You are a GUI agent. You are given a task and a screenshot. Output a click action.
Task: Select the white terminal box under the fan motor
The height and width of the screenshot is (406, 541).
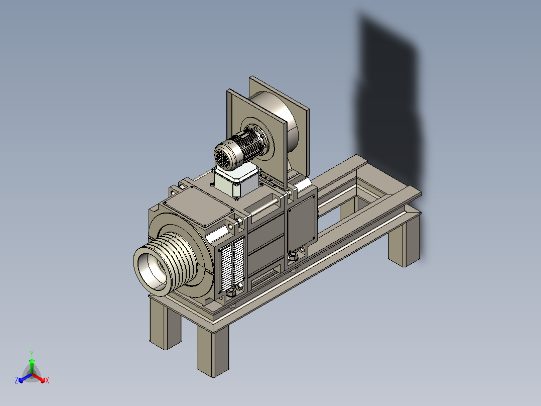236,181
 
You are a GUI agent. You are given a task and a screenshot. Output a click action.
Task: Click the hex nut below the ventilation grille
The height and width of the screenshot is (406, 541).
231,292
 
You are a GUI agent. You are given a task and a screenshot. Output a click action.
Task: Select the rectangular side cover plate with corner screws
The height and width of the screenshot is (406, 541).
302,224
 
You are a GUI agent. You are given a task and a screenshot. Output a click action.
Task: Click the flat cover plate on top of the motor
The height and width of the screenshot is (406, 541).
198,208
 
